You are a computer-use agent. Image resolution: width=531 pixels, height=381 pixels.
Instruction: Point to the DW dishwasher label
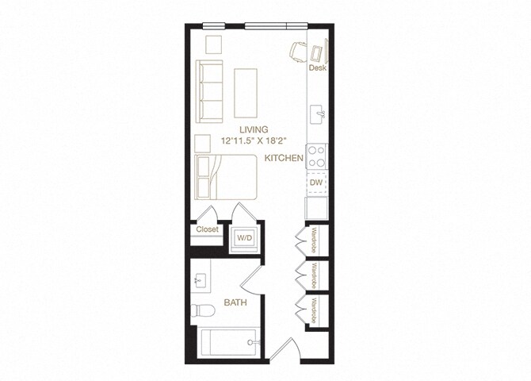coord(316,182)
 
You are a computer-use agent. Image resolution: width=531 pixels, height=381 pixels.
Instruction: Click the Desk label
coord(317,68)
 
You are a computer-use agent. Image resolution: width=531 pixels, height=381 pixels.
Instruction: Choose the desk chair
coord(298,50)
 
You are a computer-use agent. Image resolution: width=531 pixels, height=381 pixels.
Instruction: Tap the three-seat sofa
coord(210,89)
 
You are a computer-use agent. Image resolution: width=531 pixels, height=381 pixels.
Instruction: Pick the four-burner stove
coord(317,153)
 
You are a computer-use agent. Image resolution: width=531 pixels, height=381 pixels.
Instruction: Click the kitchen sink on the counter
coord(317,112)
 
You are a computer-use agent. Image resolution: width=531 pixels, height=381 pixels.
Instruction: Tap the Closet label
coord(207,230)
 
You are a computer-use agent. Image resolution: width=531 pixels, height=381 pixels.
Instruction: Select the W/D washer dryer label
coord(243,237)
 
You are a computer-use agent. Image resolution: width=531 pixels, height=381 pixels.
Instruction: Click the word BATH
coord(235,302)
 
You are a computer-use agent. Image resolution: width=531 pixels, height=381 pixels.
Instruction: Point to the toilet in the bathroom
coord(201,310)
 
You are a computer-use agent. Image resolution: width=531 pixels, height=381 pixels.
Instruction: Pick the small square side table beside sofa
coord(212,44)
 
